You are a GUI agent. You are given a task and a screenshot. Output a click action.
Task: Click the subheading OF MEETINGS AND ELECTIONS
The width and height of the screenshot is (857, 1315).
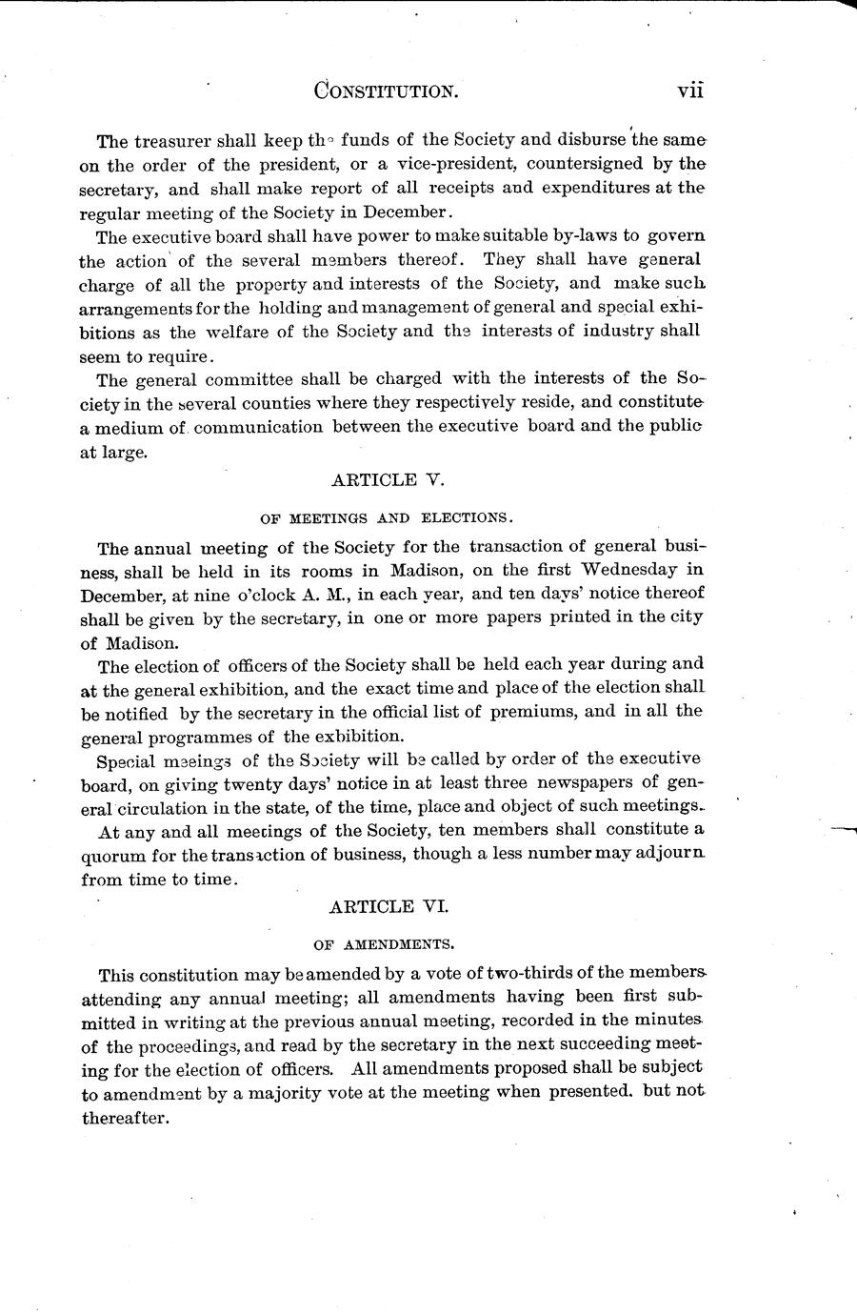[386, 518]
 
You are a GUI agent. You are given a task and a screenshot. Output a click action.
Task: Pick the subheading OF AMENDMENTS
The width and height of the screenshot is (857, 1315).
[385, 945]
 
